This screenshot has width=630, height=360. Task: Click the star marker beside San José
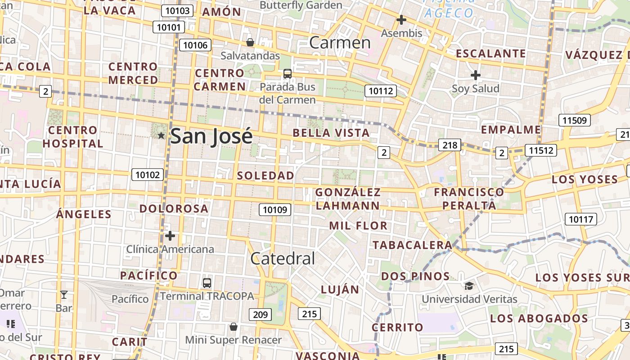coord(161,135)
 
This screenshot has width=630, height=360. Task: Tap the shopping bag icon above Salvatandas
coord(250,43)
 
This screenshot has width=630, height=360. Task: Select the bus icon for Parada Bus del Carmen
coord(287,73)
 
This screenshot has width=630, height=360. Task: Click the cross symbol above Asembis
coord(401,20)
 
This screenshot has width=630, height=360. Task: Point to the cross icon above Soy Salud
coord(475,75)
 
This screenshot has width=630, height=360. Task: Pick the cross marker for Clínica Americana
coord(170,236)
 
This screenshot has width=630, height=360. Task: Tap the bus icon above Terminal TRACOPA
coord(207,283)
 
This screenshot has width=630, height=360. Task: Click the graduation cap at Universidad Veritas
coord(469,286)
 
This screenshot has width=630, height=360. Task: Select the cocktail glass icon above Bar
coord(64,295)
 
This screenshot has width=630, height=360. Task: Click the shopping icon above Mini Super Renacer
coord(233,326)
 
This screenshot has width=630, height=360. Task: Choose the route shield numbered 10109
coord(275,209)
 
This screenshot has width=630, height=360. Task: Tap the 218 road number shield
coord(450,145)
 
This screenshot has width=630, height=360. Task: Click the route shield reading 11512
coord(540,150)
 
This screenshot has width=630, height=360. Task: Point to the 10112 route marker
coord(380,91)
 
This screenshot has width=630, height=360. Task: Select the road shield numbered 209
coord(261,315)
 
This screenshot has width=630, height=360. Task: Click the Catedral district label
coord(283,258)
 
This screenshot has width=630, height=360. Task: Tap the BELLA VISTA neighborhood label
coord(331,133)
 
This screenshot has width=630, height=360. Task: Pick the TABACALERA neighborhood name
coord(412,245)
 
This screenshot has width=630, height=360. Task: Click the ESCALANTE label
coord(490,54)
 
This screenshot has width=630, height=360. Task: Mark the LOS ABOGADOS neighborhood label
coord(539,319)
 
